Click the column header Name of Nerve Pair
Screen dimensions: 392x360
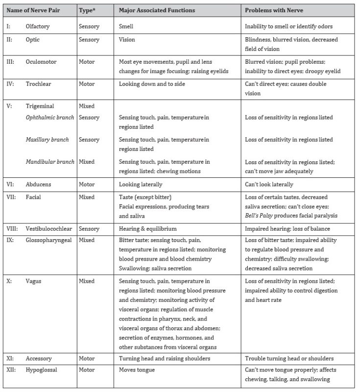(x=35, y=10)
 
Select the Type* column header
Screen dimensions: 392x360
(x=89, y=10)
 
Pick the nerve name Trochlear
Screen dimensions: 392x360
(x=39, y=84)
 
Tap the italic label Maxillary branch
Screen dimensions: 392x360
(x=47, y=140)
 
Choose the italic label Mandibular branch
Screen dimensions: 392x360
(x=50, y=162)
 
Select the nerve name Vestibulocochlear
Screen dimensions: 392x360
(x=50, y=228)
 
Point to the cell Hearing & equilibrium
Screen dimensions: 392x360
(x=148, y=228)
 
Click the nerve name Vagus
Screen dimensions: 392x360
(x=34, y=281)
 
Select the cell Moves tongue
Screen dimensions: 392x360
(x=137, y=370)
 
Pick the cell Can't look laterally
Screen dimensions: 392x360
(x=269, y=184)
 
